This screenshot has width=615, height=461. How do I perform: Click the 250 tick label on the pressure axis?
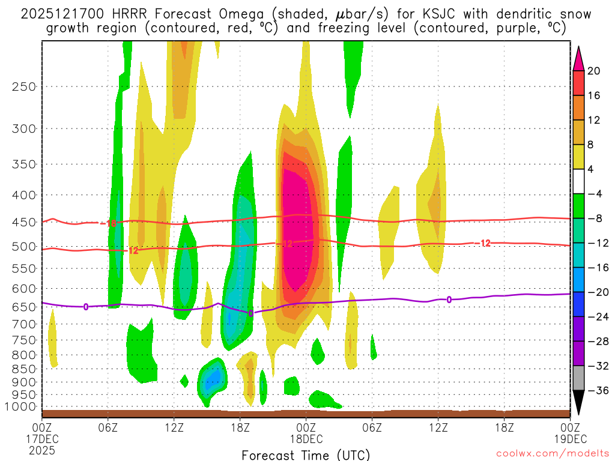click(x=24, y=86)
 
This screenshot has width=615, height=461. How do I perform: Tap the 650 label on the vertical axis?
click(x=24, y=307)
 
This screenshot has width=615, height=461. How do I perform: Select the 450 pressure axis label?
click(x=24, y=222)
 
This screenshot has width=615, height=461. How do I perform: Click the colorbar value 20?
click(x=595, y=71)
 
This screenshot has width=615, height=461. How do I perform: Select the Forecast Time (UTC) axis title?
click(x=306, y=455)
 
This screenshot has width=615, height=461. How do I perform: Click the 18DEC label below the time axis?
click(x=306, y=439)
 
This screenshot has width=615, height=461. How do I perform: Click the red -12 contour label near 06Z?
click(x=133, y=250)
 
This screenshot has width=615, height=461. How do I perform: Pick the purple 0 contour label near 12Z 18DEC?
click(x=449, y=300)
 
